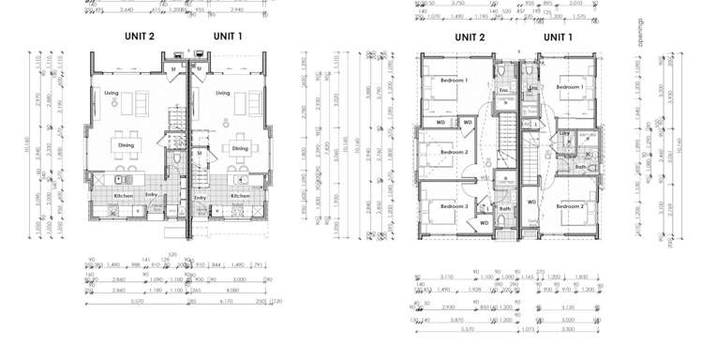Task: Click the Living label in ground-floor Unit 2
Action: click(111, 93)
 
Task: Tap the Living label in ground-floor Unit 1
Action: click(222, 93)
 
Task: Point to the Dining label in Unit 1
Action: click(240, 148)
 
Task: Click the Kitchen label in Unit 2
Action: click(124, 196)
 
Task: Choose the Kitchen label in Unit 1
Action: click(240, 196)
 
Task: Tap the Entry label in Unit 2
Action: click(151, 196)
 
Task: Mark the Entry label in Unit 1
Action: click(200, 198)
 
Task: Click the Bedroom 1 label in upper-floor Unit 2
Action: click(454, 82)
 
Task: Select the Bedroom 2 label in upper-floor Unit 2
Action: click(454, 152)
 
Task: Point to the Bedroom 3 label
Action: click(454, 205)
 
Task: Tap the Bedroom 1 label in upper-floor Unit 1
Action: click(569, 87)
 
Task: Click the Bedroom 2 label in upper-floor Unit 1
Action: click(569, 205)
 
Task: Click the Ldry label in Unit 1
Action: click(565, 134)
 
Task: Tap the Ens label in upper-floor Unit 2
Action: click(502, 91)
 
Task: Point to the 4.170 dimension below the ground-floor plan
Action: click(226, 302)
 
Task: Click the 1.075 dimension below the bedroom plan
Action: click(527, 330)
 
